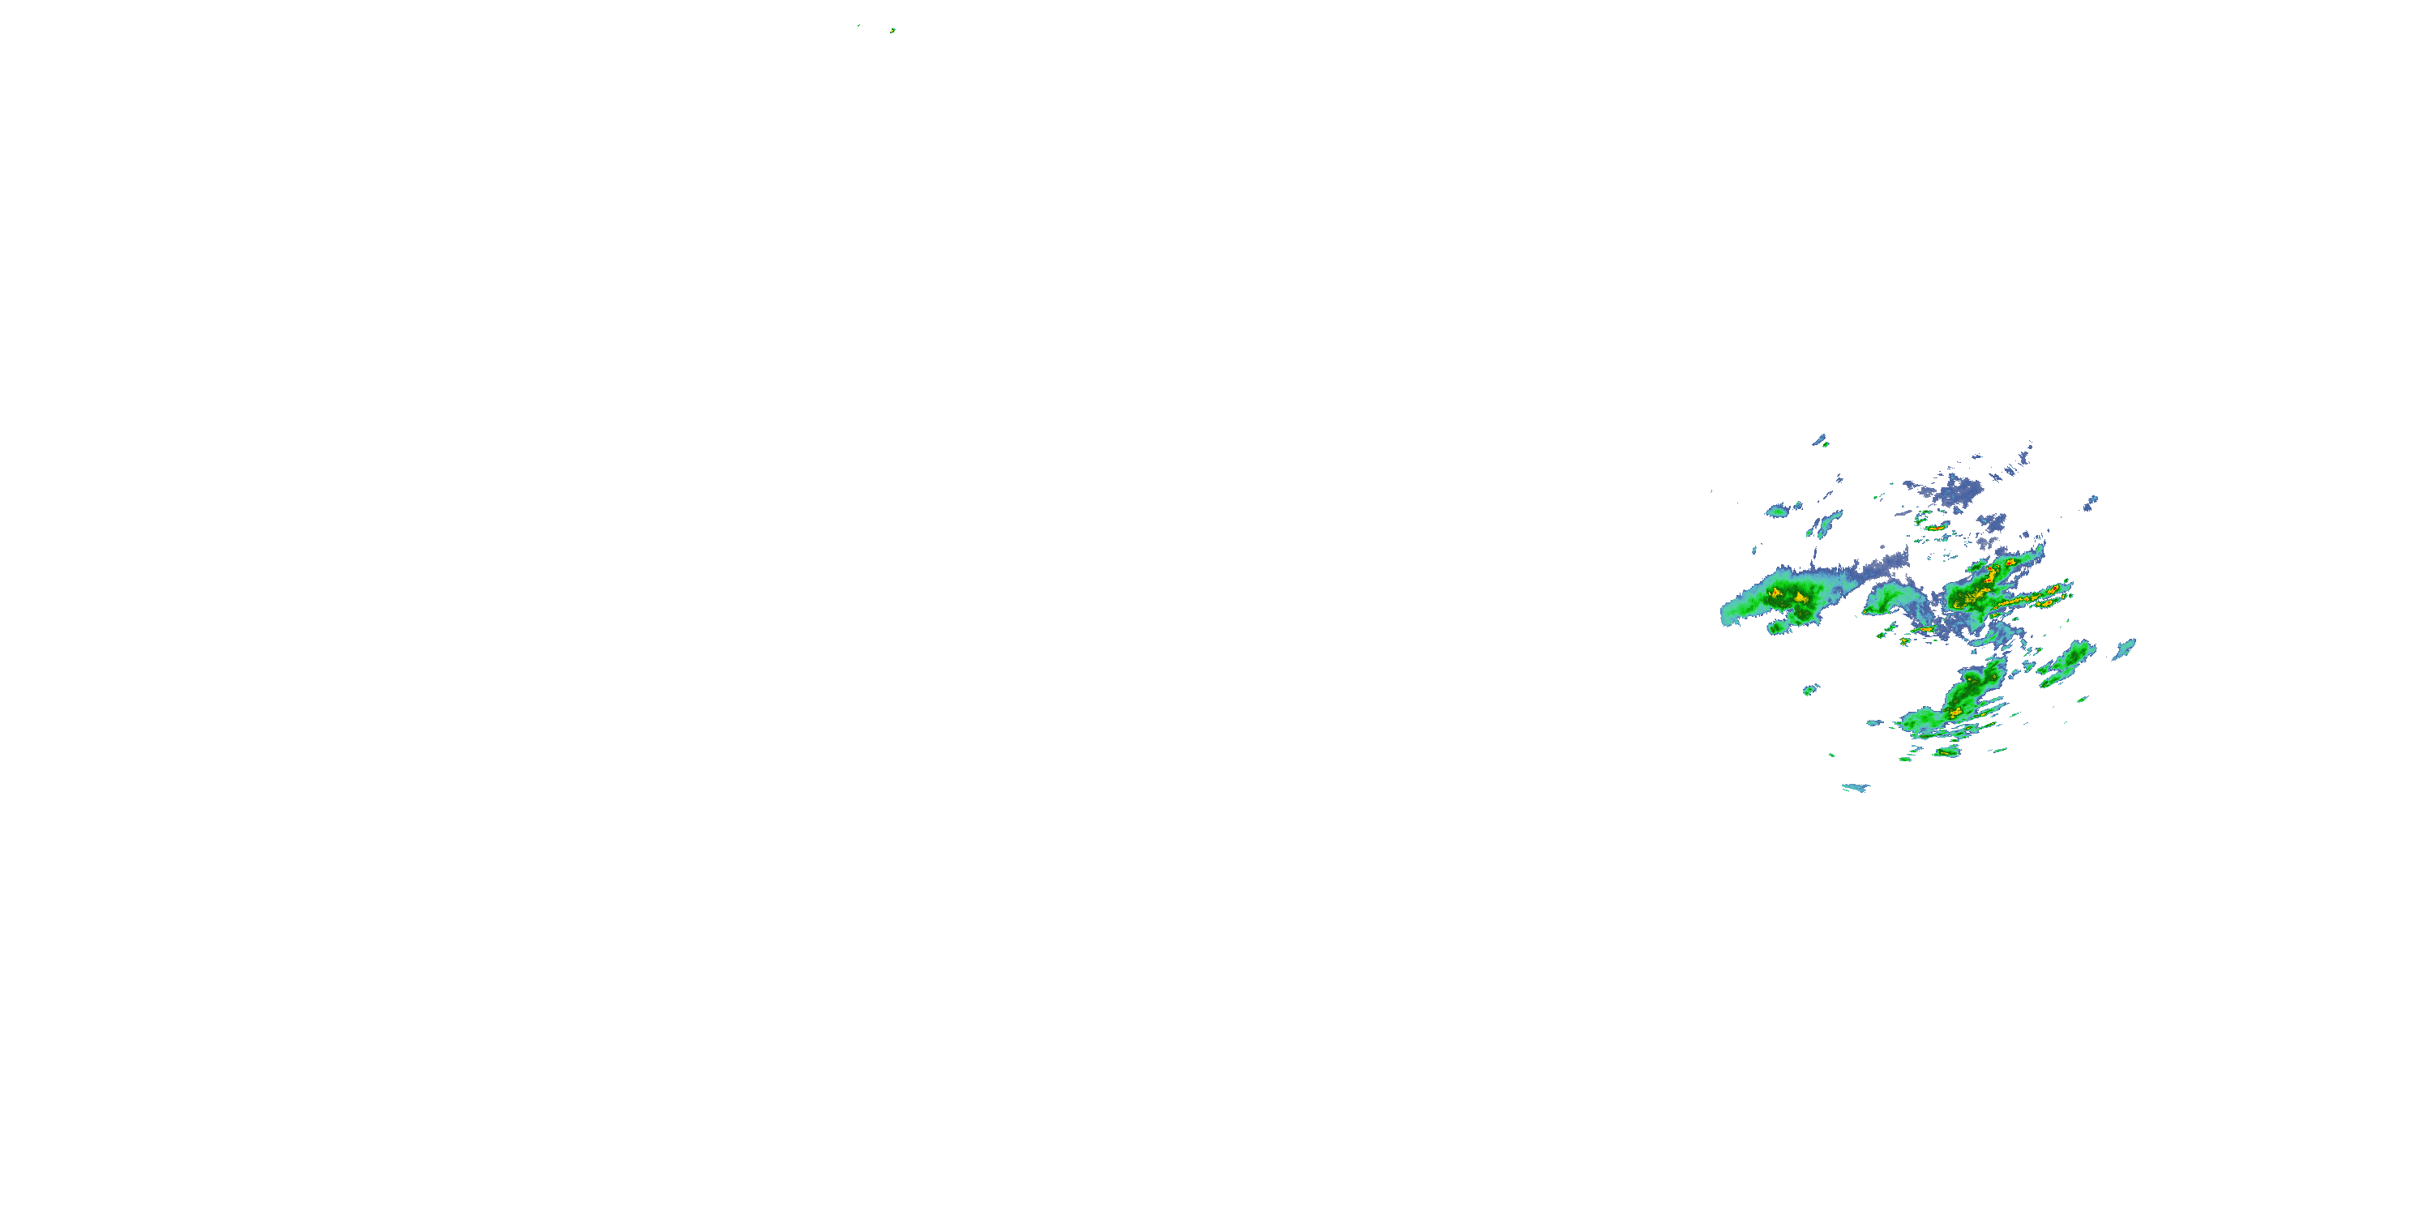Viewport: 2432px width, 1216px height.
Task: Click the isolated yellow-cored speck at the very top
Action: (x=893, y=30)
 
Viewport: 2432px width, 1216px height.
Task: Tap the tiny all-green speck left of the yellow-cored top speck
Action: (x=858, y=25)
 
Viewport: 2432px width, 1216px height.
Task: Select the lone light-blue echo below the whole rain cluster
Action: (x=1855, y=787)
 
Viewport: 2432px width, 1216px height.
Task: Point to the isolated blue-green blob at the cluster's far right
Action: (x=2124, y=649)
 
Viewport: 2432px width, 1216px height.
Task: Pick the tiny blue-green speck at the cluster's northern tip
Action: (x=1822, y=440)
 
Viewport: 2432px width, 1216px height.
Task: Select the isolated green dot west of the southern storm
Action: (x=1810, y=690)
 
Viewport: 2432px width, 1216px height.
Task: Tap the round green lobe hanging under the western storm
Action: (x=1777, y=626)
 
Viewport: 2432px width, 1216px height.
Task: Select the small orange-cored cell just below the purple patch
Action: (x=1935, y=528)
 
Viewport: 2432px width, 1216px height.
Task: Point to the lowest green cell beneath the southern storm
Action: (x=1946, y=751)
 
